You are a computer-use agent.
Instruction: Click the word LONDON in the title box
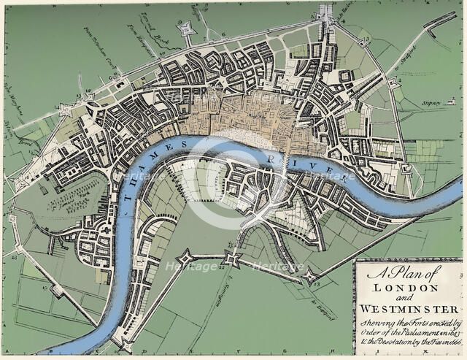point(409,288)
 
